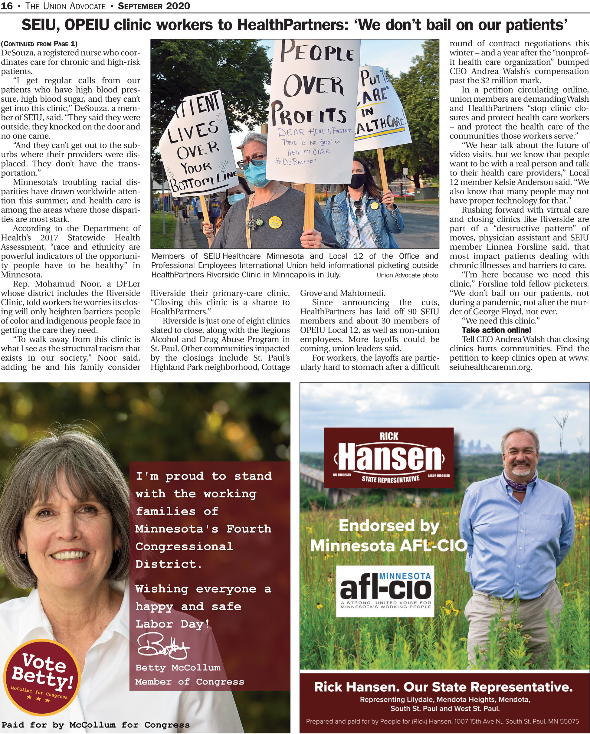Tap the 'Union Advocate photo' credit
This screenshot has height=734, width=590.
pyautogui.click(x=407, y=275)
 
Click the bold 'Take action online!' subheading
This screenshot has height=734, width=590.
pyautogui.click(x=497, y=330)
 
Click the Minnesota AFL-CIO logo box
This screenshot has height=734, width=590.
pyautogui.click(x=385, y=591)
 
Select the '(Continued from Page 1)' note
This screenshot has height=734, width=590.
pyautogui.click(x=39, y=44)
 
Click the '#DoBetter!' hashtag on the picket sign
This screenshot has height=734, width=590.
pyautogui.click(x=296, y=162)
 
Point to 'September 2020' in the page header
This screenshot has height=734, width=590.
pyautogui.click(x=154, y=6)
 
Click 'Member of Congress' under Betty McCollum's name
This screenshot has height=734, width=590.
pyautogui.click(x=190, y=682)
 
